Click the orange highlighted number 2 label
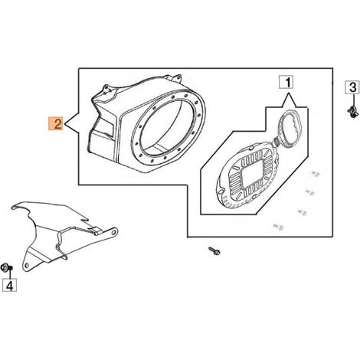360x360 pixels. [56, 123]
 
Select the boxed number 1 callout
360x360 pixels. [286, 82]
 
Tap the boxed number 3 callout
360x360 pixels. [352, 87]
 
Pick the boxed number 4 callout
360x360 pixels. [9, 285]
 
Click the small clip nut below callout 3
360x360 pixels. [352, 112]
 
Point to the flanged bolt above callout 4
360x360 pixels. [6, 268]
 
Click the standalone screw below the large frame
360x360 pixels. [214, 250]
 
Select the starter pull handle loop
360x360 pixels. [290, 129]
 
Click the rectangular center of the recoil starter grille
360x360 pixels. [251, 174]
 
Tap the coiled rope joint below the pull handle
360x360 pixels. [277, 141]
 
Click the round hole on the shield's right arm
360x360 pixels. [114, 232]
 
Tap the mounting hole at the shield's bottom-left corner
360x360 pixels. [27, 265]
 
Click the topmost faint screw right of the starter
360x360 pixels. [316, 174]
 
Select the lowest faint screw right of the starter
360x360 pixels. [278, 227]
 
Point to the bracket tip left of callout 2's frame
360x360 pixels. [64, 124]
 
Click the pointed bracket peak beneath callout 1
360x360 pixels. [289, 94]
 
